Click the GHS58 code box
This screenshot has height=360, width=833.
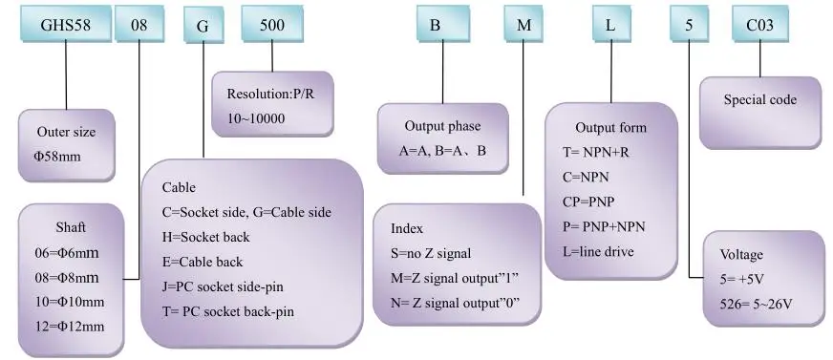(66, 25)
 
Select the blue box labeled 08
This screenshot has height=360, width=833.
(139, 25)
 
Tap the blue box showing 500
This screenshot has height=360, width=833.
(272, 25)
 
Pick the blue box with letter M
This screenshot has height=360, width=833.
(523, 25)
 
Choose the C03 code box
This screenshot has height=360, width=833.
(759, 25)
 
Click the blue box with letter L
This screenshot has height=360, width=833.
(610, 25)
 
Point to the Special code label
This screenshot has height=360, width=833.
(760, 100)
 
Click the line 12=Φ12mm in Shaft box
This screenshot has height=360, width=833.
(67, 326)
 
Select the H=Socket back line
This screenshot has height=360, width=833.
(205, 237)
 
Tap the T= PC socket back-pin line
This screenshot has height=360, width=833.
(228, 311)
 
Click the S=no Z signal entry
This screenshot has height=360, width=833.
(431, 254)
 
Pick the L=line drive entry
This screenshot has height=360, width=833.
(598, 252)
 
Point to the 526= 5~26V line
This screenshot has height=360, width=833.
(757, 305)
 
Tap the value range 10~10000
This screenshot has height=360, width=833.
(255, 118)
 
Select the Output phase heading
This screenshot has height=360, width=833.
(442, 126)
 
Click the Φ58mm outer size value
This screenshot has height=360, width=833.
(57, 157)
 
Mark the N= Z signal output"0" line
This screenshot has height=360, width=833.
(455, 303)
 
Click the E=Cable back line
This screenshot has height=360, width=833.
(203, 262)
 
